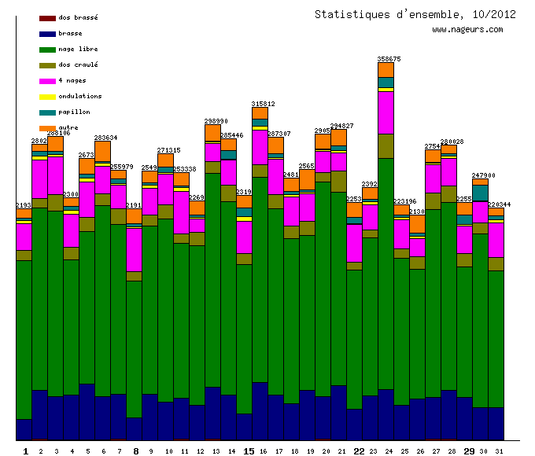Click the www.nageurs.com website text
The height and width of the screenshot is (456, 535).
tap(467, 30)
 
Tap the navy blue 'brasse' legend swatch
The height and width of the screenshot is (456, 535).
tap(47, 34)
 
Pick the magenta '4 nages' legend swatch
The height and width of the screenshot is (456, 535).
tap(47, 81)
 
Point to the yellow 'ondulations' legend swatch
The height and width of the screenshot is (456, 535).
tap(47, 97)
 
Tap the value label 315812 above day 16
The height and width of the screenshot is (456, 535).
tap(263, 104)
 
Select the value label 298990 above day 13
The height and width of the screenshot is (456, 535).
tap(216, 121)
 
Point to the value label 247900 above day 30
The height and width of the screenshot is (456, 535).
tap(483, 175)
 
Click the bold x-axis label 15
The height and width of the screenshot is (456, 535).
tap(249, 451)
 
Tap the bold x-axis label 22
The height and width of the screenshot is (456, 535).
tap(359, 451)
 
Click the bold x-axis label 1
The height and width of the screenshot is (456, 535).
tap(25, 451)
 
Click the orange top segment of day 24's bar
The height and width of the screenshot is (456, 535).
tap(386, 70)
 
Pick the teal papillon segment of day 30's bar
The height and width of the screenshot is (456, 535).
tap(480, 193)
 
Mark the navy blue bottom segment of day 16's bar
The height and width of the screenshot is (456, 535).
tap(260, 410)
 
